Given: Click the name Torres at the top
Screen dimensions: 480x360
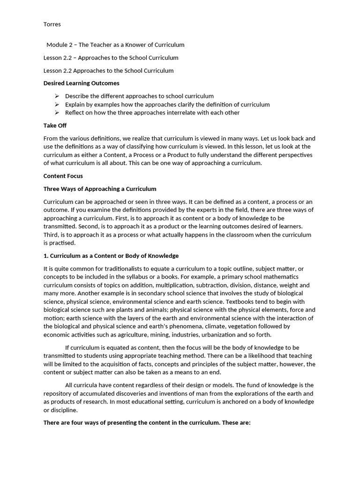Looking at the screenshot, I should [52, 23].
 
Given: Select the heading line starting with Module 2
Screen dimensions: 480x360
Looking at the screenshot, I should [115, 45].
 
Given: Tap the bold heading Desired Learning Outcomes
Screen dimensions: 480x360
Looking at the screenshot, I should [81, 83].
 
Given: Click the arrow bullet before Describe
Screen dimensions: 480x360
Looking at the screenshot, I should [57, 96].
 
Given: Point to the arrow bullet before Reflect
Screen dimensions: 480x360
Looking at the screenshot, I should [57, 113].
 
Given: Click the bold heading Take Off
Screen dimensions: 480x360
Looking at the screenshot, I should [55, 126].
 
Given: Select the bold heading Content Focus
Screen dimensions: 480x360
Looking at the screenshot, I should [63, 176].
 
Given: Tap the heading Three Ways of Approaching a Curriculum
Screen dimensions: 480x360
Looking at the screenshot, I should [100, 189].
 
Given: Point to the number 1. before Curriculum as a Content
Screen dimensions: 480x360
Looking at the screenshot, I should [46, 256].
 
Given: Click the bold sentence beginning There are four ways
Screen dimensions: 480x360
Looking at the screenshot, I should [147, 423].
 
